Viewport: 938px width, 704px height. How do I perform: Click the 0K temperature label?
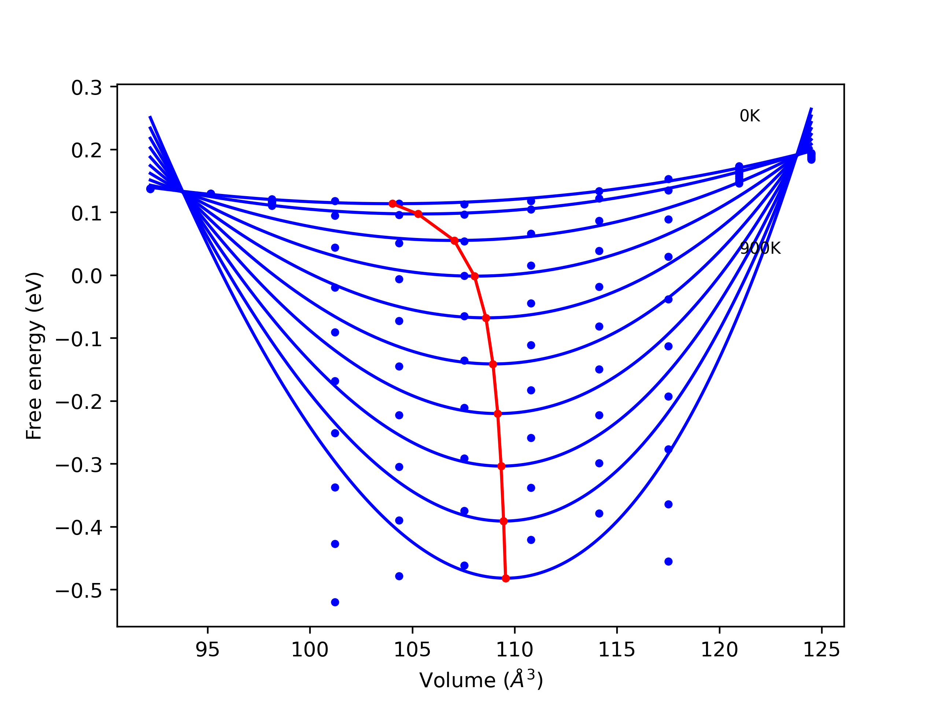click(749, 116)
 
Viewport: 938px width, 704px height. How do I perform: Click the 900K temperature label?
click(760, 248)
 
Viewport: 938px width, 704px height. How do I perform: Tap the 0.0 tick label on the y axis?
click(86, 276)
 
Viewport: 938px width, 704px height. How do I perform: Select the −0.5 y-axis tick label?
click(79, 591)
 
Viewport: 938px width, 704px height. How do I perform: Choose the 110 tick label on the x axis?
click(514, 650)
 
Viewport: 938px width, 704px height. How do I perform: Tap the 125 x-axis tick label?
click(821, 650)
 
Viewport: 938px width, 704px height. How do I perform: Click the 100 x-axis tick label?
click(310, 650)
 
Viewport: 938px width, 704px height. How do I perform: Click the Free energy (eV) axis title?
click(34, 356)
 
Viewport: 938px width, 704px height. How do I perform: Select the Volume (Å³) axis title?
click(481, 680)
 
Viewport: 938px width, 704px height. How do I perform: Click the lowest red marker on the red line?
click(506, 578)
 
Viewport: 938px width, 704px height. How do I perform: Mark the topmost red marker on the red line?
click(393, 204)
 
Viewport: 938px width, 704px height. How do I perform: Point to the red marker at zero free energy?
click(474, 276)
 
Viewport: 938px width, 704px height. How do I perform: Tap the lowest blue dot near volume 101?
click(335, 602)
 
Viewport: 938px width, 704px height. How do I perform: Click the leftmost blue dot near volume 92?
click(151, 189)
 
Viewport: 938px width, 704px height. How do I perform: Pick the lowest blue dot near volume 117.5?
click(668, 561)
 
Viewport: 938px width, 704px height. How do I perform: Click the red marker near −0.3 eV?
click(501, 466)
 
